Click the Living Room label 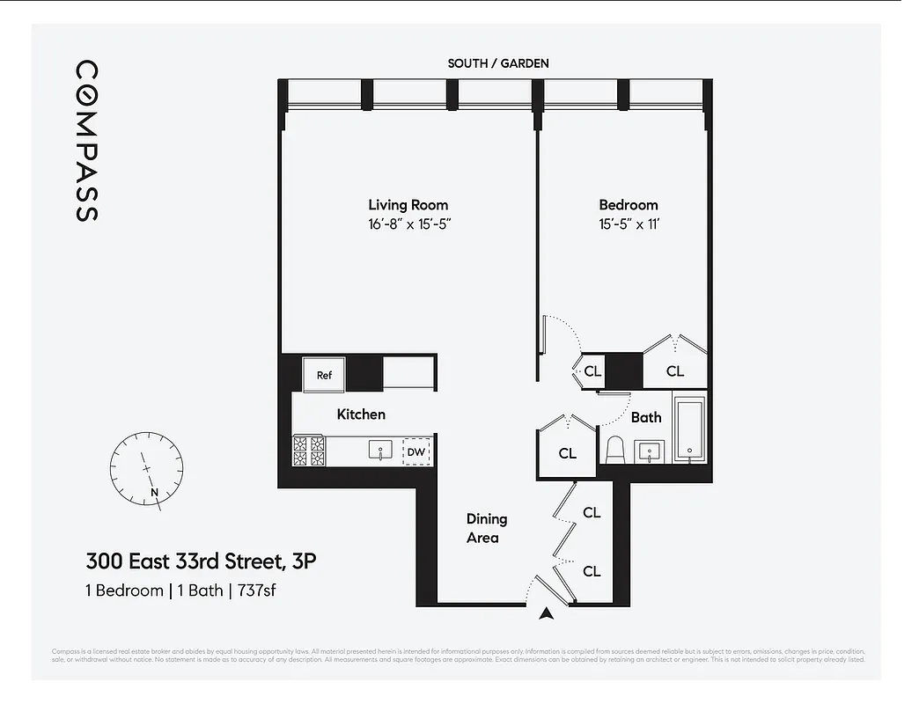408,205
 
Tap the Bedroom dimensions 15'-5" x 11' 629,224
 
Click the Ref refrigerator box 324,375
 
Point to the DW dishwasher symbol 416,452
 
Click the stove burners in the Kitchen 310,451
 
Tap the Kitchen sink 380,451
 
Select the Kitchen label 361,414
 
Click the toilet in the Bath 615,450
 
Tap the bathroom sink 651,451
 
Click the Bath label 646,417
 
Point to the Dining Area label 486,528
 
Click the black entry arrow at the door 547,615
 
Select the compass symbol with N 147,468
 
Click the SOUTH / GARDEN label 497,63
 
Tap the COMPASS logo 86,140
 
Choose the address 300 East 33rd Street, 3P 200,561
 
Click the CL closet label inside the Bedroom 674,371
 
